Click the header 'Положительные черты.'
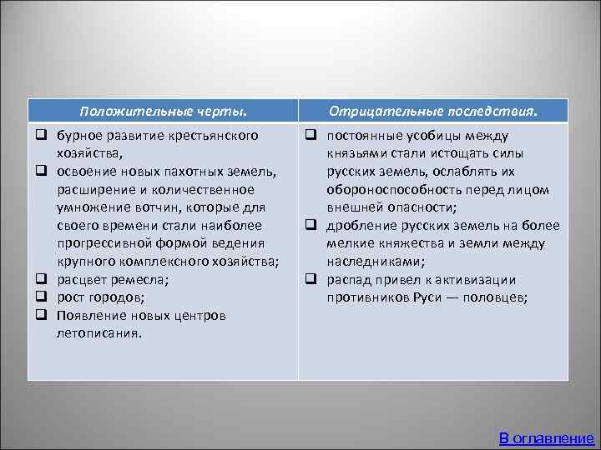[164, 111]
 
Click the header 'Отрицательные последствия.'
[433, 111]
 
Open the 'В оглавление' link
[546, 437]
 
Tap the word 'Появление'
[89, 316]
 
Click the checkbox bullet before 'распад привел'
[309, 279]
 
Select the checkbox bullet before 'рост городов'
[39, 297]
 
